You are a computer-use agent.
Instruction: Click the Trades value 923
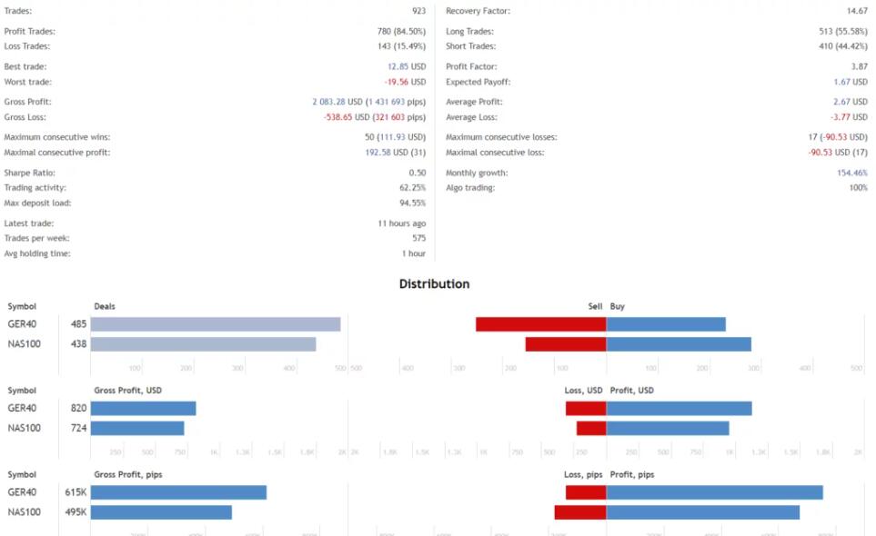(x=418, y=11)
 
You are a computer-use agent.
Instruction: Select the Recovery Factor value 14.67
(x=855, y=11)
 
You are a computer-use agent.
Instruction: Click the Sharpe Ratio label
(x=29, y=173)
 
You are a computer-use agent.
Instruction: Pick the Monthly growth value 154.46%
(x=852, y=173)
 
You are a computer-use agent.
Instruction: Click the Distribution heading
(x=434, y=284)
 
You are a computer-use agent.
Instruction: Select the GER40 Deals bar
(x=216, y=324)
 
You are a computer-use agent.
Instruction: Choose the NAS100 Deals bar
(x=203, y=344)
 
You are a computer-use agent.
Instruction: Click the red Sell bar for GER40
(x=541, y=324)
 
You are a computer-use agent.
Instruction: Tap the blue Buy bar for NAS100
(x=679, y=344)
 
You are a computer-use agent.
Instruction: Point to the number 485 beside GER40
(x=78, y=324)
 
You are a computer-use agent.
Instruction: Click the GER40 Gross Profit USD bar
(x=143, y=409)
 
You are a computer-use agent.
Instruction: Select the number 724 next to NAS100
(x=78, y=428)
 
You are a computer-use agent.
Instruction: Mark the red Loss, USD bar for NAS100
(x=591, y=428)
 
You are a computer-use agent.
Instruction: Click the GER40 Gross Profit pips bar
(x=178, y=492)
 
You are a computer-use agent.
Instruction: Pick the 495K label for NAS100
(x=76, y=512)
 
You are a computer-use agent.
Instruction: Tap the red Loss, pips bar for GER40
(x=586, y=492)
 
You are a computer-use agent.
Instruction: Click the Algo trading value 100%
(x=858, y=188)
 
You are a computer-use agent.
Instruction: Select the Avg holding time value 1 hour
(x=414, y=253)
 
